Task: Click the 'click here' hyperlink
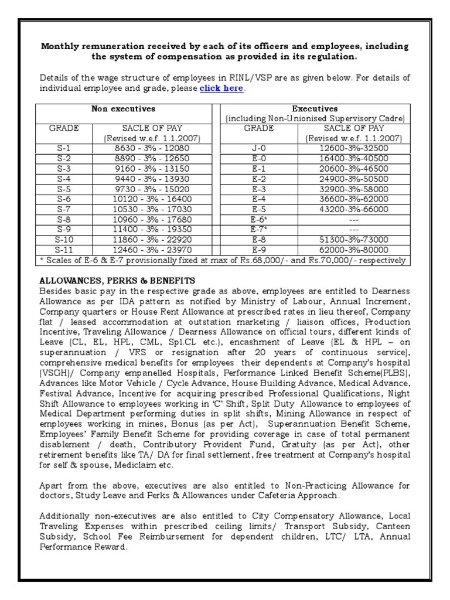click(x=221, y=88)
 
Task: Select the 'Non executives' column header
click(x=123, y=109)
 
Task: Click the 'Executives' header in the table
click(x=315, y=109)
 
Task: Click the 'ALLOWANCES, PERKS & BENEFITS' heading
click(x=117, y=281)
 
